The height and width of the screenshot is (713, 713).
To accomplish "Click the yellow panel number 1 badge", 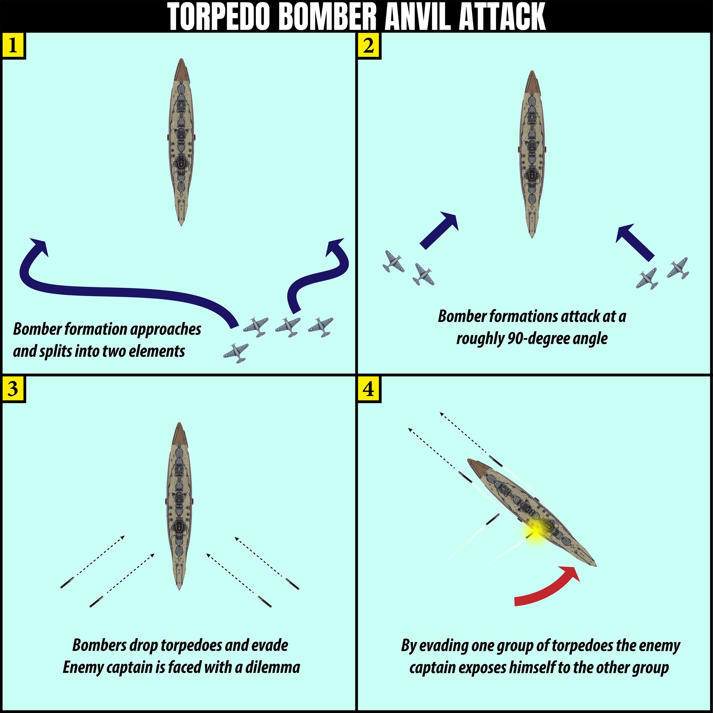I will tap(13, 46).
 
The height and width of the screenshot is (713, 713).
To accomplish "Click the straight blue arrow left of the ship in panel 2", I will tap(439, 231).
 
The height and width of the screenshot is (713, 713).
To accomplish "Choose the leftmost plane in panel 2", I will tap(393, 261).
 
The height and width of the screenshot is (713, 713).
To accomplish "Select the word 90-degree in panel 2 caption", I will tap(531, 339).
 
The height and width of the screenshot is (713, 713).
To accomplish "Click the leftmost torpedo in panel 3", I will tap(67, 582).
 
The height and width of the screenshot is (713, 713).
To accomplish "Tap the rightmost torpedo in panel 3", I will tap(293, 584).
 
